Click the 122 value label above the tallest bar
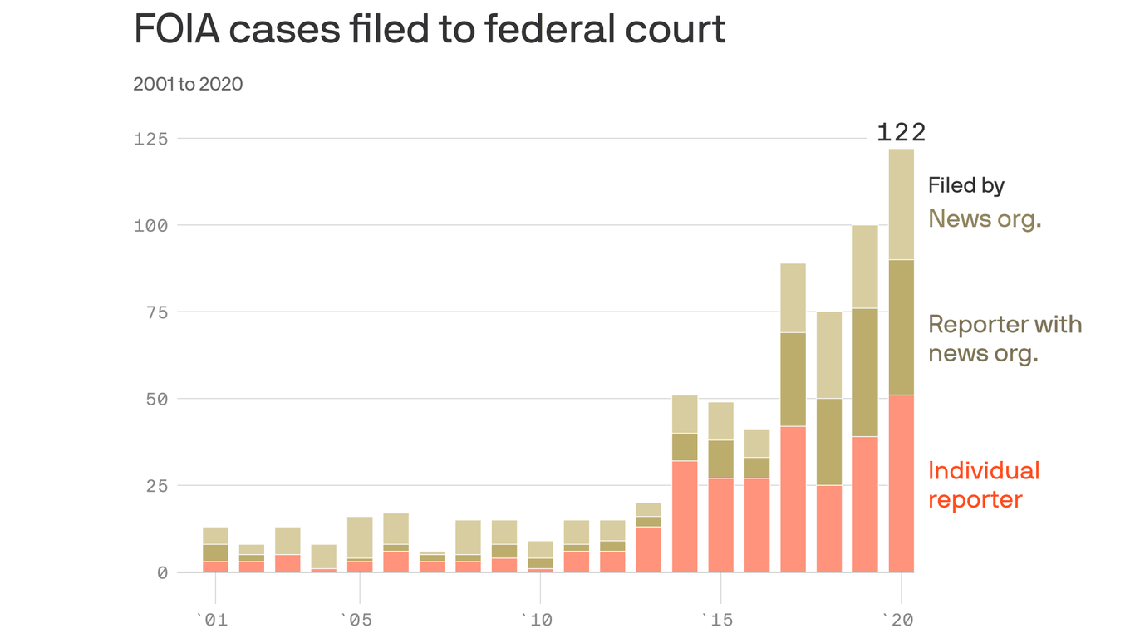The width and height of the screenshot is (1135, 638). [901, 132]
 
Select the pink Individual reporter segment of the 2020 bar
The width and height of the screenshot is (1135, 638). [902, 483]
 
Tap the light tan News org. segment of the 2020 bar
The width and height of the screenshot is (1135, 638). [902, 204]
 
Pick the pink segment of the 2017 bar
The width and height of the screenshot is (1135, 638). [793, 498]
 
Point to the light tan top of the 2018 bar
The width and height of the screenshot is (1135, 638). [829, 356]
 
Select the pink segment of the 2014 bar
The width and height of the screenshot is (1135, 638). [685, 516]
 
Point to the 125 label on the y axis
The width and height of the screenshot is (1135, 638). [150, 139]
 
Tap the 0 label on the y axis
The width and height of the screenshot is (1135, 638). [162, 572]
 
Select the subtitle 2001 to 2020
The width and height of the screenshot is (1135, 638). [188, 84]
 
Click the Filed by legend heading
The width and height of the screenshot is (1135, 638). [965, 185]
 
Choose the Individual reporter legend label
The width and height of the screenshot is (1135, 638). [983, 484]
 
